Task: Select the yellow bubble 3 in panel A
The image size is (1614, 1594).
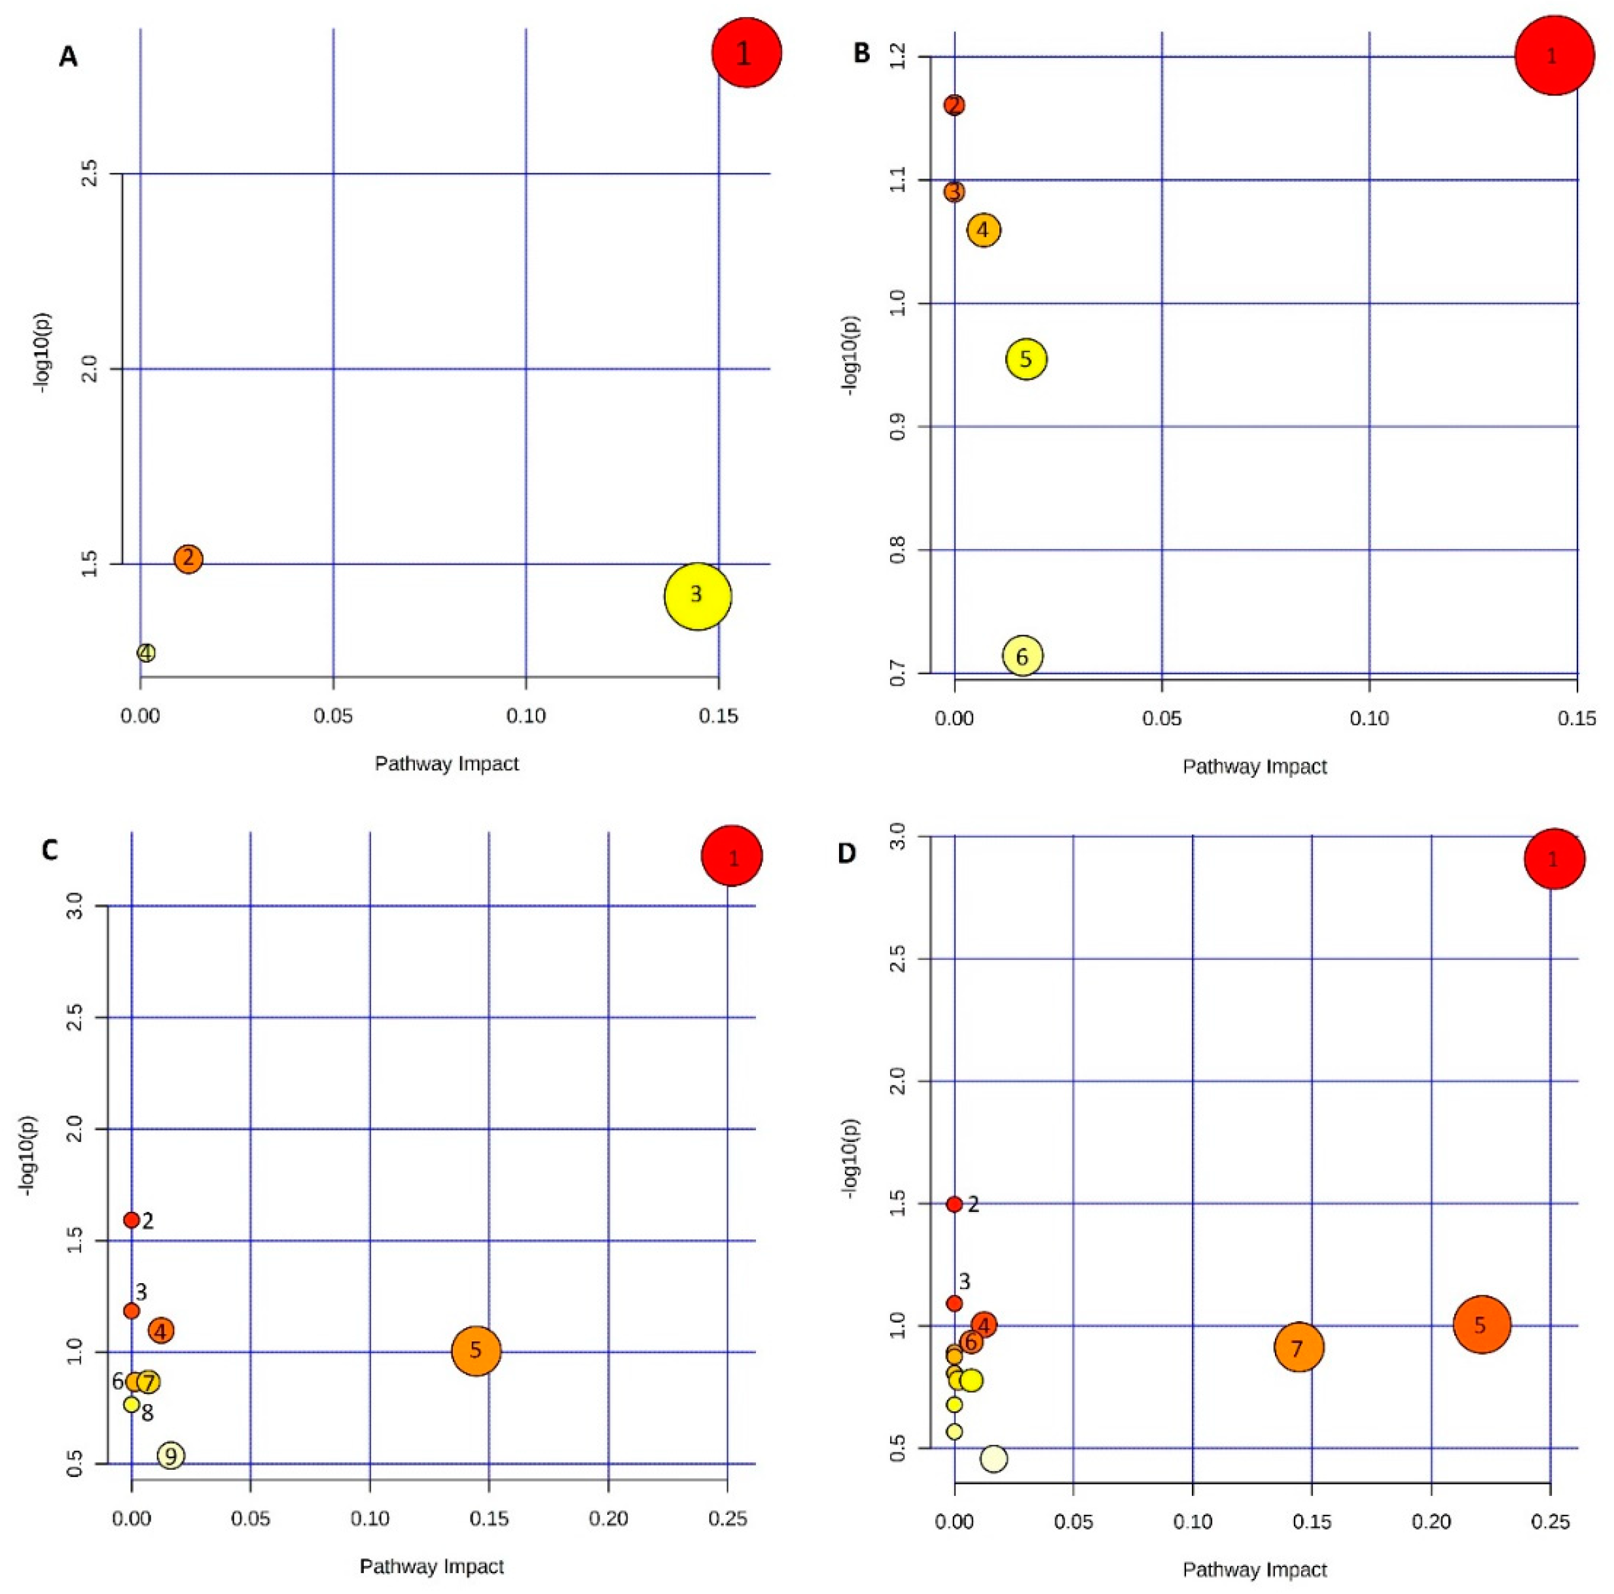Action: click(x=698, y=595)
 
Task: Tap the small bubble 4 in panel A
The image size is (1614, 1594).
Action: click(x=146, y=652)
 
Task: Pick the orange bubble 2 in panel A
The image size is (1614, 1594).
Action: click(x=188, y=558)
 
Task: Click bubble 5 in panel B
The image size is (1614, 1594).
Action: click(x=1026, y=359)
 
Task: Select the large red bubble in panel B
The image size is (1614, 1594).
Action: click(x=1553, y=57)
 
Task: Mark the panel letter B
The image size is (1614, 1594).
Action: click(x=861, y=54)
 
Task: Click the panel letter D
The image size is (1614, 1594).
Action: click(x=847, y=855)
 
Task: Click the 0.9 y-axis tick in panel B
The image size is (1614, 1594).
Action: click(x=898, y=427)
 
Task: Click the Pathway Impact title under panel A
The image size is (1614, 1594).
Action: click(x=446, y=764)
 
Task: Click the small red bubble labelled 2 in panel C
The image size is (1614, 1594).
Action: click(x=131, y=1220)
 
